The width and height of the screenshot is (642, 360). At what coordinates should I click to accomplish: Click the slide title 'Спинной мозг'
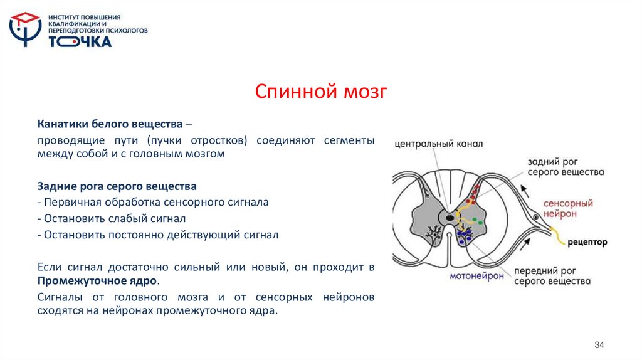click(322, 93)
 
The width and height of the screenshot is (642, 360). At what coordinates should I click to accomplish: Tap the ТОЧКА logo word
click(80, 41)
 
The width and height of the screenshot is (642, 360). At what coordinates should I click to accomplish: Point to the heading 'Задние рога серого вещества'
click(117, 186)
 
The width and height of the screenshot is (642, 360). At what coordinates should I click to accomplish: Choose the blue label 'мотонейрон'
click(476, 275)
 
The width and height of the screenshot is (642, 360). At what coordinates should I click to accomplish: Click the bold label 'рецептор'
click(587, 241)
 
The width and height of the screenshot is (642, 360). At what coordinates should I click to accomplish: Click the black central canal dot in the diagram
click(451, 218)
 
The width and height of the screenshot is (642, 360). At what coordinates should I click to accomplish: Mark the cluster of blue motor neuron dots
click(464, 236)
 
